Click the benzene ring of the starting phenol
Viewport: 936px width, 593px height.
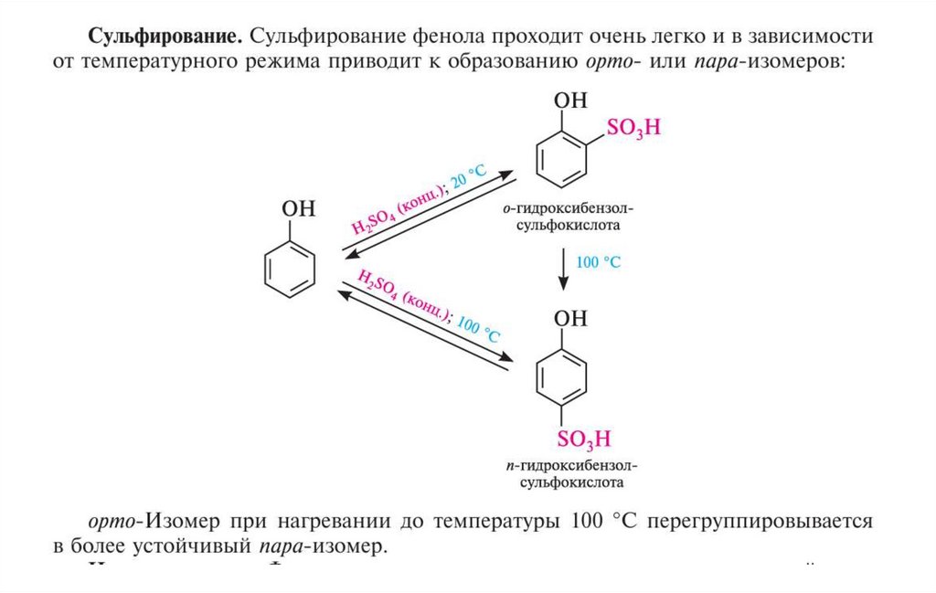click(290, 269)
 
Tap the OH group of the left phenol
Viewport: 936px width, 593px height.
click(299, 209)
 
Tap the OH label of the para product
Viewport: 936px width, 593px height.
click(571, 318)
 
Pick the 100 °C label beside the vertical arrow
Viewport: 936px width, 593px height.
click(598, 262)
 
